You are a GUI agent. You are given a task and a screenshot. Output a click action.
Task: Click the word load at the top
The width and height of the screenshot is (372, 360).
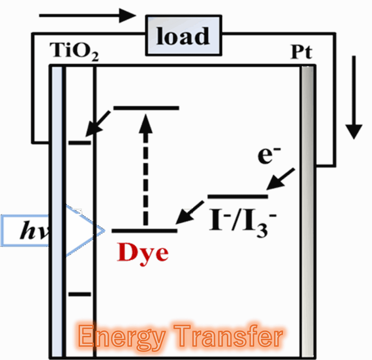coord(183,36)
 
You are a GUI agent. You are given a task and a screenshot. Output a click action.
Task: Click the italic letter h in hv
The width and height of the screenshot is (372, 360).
coord(29,231)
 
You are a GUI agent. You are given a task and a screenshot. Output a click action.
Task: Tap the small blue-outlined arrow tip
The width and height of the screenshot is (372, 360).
coord(100,230)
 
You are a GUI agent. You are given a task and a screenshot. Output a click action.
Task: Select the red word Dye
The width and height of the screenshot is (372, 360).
coord(143,253)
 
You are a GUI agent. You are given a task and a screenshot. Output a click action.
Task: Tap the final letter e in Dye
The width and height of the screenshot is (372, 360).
coord(161,254)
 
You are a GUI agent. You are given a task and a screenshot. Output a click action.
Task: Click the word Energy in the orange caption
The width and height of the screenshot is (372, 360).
coord(121,336)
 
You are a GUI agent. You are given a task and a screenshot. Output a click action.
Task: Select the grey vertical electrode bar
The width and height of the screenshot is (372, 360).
coord(307,167)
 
